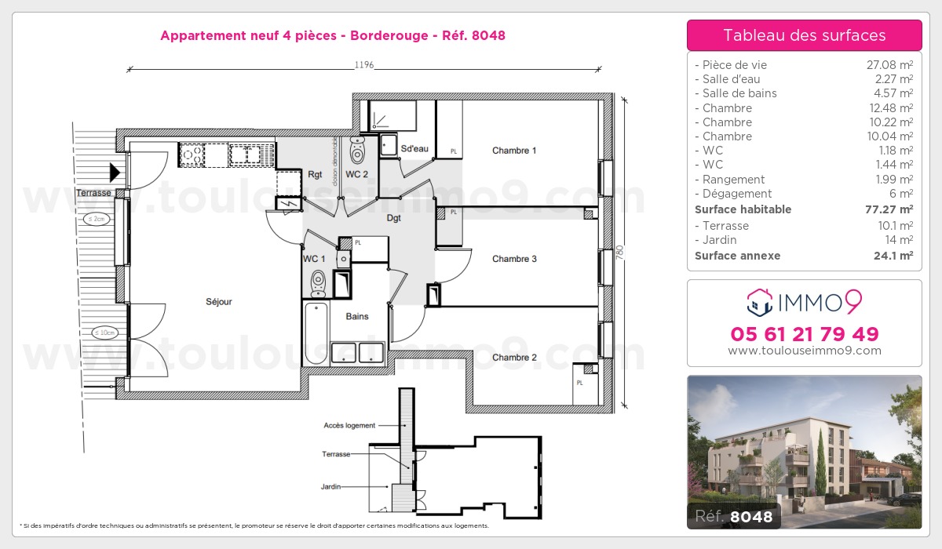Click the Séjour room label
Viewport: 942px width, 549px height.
(x=219, y=301)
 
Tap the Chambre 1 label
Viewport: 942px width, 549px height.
(x=514, y=151)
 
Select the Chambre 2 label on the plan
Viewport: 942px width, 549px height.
(x=514, y=358)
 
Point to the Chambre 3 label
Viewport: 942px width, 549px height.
(x=514, y=259)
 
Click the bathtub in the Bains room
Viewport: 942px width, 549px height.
(x=316, y=334)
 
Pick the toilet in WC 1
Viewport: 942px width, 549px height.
(x=318, y=280)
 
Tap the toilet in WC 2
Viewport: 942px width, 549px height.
(x=358, y=148)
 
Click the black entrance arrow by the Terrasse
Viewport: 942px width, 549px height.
(x=115, y=172)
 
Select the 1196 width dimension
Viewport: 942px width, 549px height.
(x=363, y=65)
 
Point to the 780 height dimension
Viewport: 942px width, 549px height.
(x=619, y=253)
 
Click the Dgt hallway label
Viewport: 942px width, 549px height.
(x=393, y=218)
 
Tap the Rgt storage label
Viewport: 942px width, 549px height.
(x=315, y=174)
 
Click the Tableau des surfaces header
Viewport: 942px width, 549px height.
(x=804, y=35)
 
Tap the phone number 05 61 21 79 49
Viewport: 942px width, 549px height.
(x=804, y=334)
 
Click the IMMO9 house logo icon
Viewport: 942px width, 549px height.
(x=759, y=301)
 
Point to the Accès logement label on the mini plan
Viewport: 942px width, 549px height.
(x=349, y=425)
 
